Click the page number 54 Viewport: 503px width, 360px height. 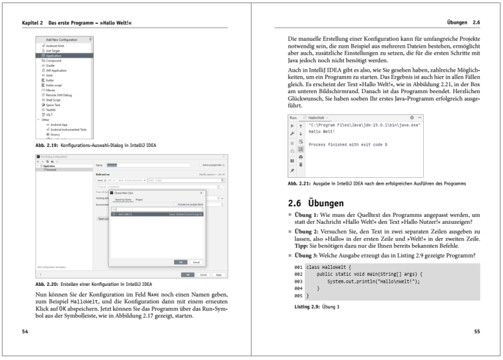pyautogui.click(x=25, y=330)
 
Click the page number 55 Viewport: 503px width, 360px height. pyautogui.click(x=477, y=330)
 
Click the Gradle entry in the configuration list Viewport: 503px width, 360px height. pyautogui.click(x=50, y=65)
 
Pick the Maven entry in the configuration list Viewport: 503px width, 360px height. pyautogui.click(x=50, y=90)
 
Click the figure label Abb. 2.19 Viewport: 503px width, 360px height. pyautogui.click(x=47, y=146)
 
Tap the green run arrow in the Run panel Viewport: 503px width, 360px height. pyautogui.click(x=292, y=126)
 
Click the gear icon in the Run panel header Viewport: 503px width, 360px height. pyautogui.click(x=412, y=117)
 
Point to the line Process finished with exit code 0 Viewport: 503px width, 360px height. pyautogui.click(x=348, y=145)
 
